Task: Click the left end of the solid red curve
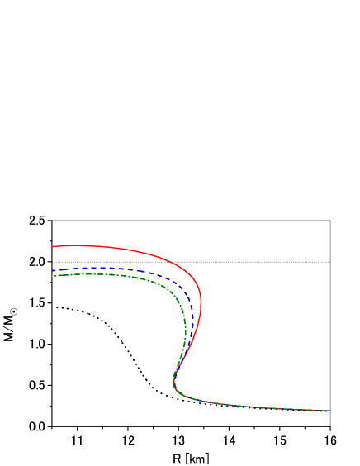point(53,246)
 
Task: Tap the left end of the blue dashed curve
point(53,270)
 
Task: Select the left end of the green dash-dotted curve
point(53,276)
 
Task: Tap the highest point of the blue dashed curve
point(95,268)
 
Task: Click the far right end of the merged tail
point(330,411)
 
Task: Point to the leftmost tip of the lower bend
point(173,382)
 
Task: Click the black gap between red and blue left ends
point(53,259)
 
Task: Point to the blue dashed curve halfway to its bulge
point(132,270)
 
